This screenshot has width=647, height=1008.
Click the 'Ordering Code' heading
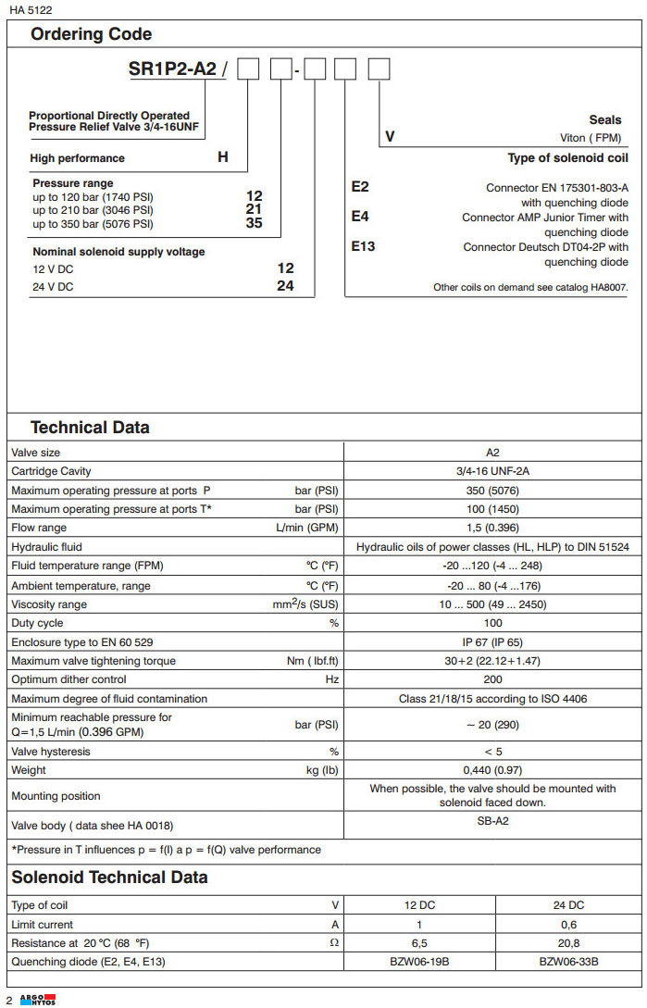(92, 34)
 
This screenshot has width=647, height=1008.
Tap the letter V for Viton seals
(390, 137)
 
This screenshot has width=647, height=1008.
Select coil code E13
(363, 246)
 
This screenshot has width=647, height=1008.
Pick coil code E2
(359, 187)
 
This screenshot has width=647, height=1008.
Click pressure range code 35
(254, 223)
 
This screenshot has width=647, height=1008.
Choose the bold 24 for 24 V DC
(285, 286)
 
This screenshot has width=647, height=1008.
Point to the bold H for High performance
(223, 157)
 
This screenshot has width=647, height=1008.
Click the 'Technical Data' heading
(90, 428)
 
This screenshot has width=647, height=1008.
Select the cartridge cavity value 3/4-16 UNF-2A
(493, 471)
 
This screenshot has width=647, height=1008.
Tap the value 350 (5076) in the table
(493, 491)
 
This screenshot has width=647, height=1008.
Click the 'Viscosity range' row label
(49, 604)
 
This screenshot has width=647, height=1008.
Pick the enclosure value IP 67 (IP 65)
(493, 641)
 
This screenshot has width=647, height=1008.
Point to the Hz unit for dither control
(331, 679)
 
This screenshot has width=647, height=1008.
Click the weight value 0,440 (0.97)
(493, 770)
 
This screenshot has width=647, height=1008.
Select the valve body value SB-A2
(493, 821)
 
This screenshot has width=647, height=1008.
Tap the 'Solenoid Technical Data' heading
(109, 877)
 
